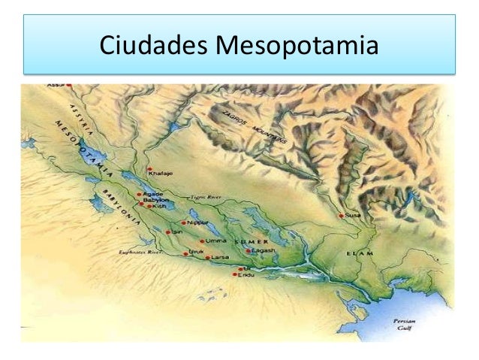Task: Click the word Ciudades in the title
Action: coord(153,47)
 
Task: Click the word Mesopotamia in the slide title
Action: coord(297,47)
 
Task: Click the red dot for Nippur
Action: coord(184,222)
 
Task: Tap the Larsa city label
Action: coord(221,258)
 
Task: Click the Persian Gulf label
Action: coord(405,324)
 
